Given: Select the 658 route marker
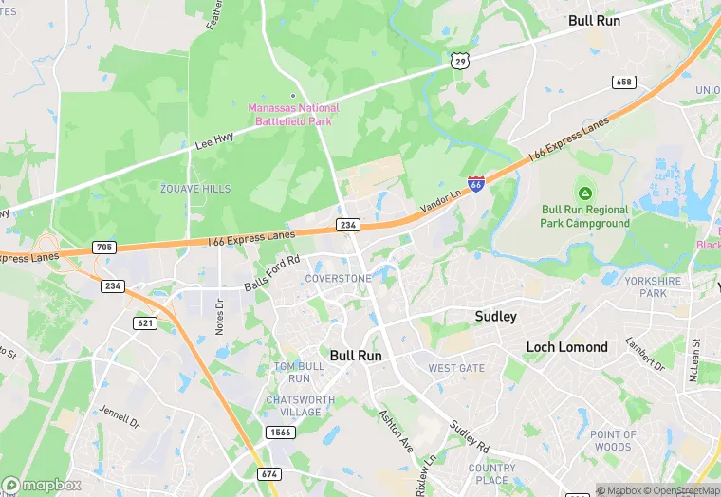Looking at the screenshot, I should point(623,83).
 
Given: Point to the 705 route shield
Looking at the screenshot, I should point(104,248).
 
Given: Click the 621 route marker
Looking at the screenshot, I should point(145,323).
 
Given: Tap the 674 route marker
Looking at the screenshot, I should point(269,472).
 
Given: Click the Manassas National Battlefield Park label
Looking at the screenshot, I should point(293,115).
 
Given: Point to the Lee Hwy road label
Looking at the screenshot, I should point(213,141).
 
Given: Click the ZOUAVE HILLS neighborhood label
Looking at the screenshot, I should point(195,189).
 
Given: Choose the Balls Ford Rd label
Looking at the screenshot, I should point(271,273).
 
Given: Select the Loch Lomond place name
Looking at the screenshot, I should point(566,347).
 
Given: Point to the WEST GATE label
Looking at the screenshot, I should point(455,368).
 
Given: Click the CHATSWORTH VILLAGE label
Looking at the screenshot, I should point(299,406).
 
